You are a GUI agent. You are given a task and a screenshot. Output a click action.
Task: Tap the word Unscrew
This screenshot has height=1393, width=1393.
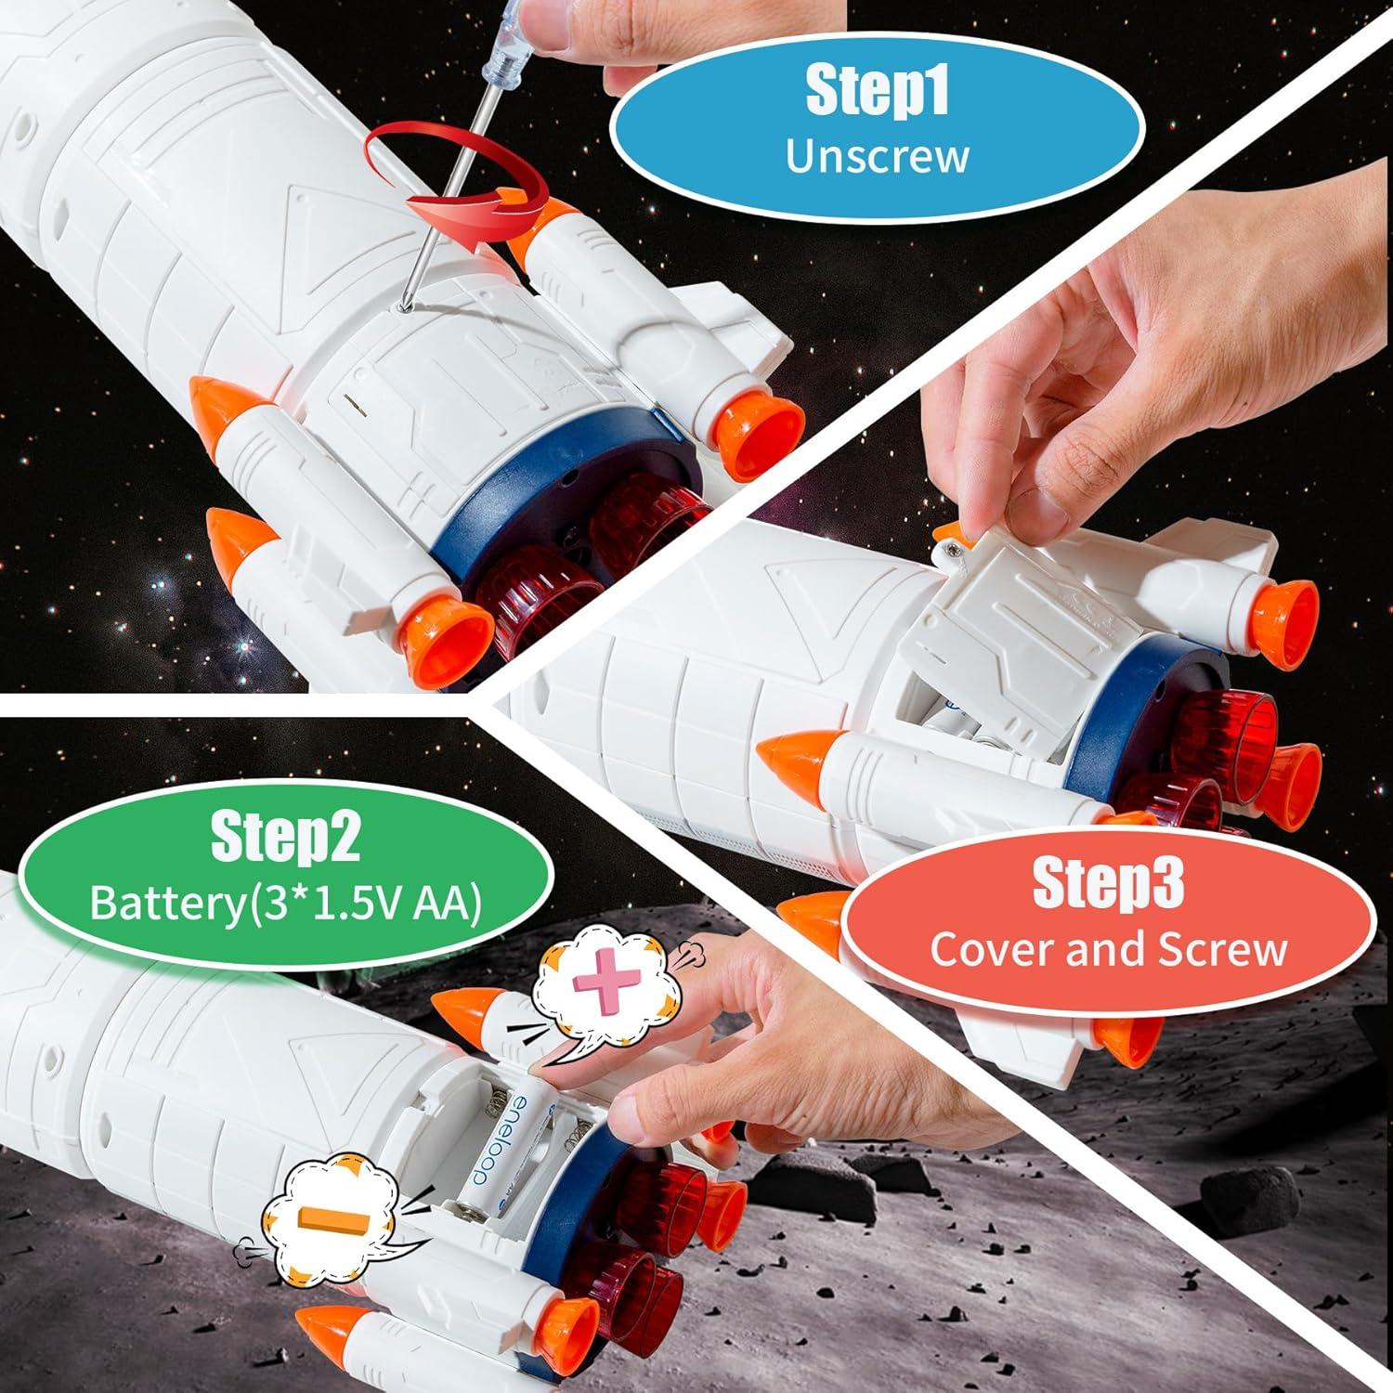877,155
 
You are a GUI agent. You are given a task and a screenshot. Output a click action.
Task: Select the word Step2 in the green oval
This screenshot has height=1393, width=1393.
285,836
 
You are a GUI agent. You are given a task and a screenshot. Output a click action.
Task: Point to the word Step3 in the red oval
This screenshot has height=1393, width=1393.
1109,883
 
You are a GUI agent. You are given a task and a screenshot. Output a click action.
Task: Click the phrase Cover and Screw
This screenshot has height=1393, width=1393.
1109,949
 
